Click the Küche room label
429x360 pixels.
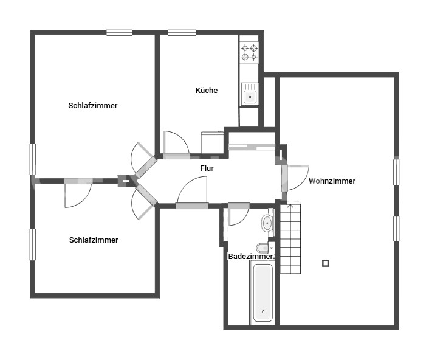[206, 91]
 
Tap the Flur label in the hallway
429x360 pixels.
[207, 168]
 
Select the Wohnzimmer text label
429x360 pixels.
[332, 181]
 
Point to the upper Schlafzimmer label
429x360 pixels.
[93, 106]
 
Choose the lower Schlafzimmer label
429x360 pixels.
[94, 240]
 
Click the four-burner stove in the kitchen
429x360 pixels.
[249, 52]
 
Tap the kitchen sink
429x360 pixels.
[249, 95]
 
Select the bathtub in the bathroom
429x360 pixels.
[263, 292]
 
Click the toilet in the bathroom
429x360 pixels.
[263, 248]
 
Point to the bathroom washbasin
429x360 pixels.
[267, 223]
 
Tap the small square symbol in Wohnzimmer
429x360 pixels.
[326, 263]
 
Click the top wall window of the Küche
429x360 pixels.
[182, 32]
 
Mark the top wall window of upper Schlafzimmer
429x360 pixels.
[119, 32]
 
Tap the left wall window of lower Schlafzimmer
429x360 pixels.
[32, 244]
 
